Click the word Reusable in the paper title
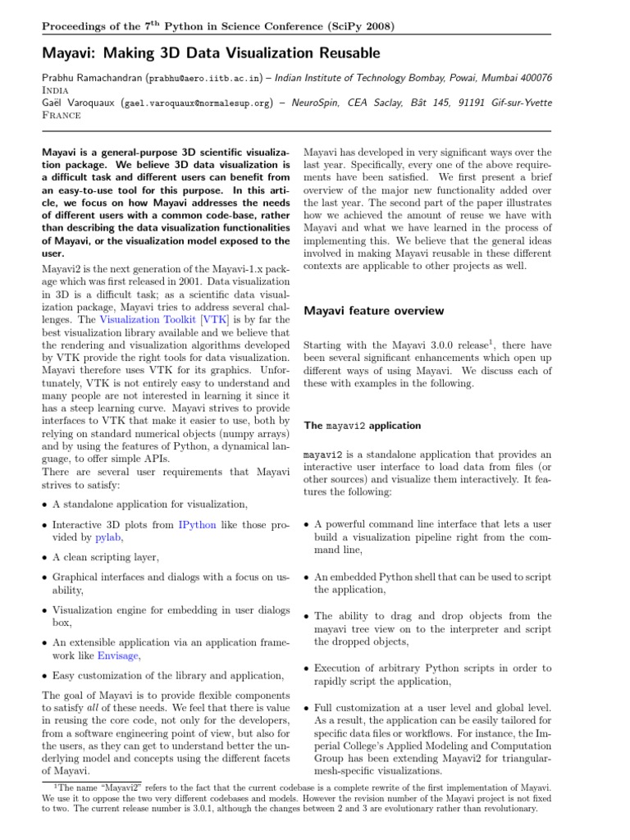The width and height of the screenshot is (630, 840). click(x=342, y=54)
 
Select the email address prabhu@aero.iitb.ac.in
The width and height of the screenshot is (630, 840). click(x=203, y=78)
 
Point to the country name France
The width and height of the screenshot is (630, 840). click(x=62, y=116)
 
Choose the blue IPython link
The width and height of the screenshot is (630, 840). click(x=194, y=524)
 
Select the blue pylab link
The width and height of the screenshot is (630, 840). click(x=108, y=537)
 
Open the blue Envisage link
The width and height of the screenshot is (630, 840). click(x=119, y=656)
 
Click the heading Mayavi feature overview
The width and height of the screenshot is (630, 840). click(x=374, y=311)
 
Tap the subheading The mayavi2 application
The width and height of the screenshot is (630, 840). click(x=363, y=427)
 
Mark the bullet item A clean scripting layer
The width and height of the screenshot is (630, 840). click(x=106, y=557)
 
